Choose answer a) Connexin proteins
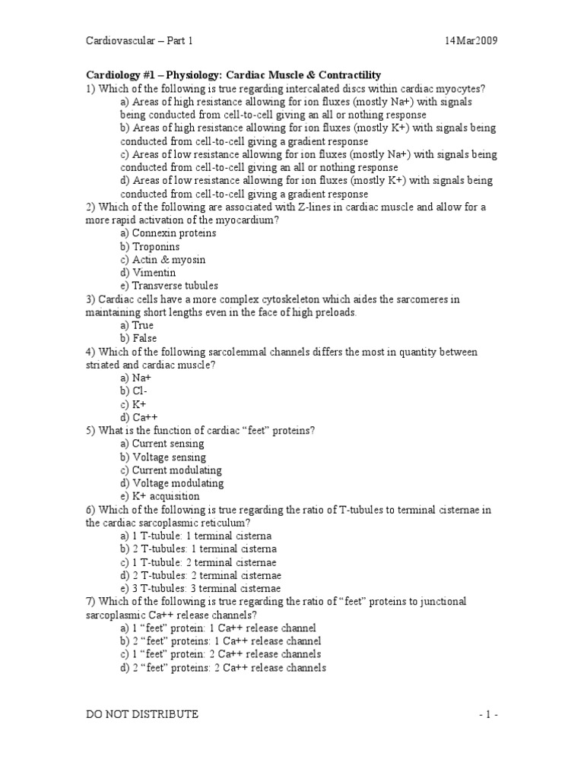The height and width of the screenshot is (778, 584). (x=168, y=233)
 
